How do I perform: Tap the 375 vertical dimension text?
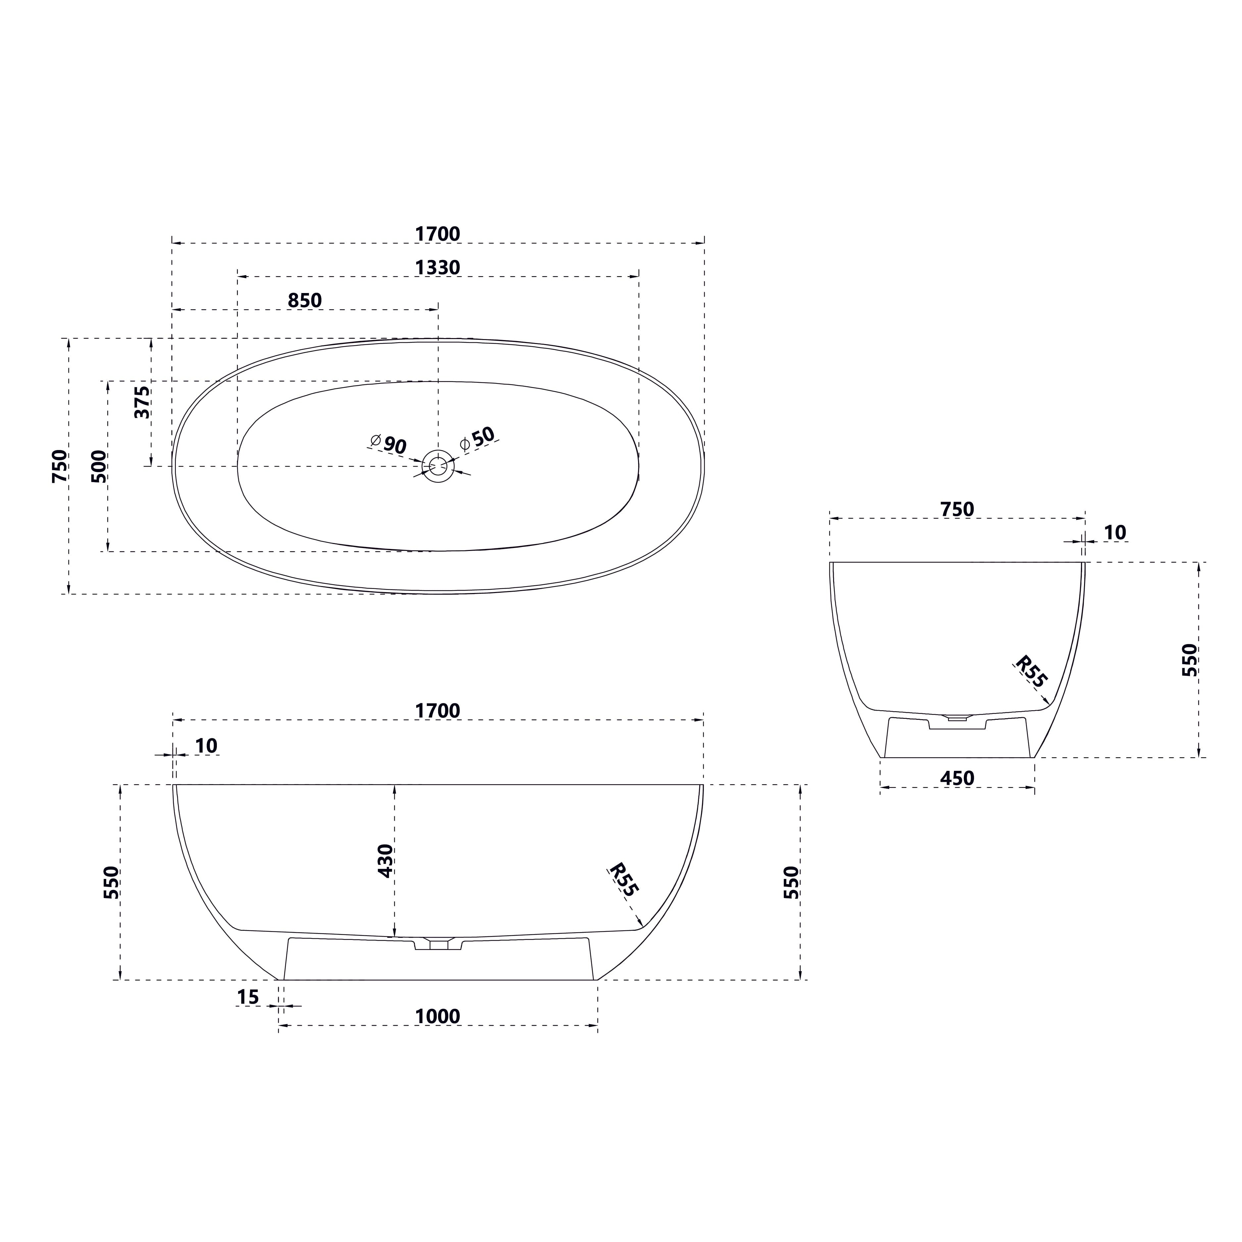[x=142, y=402]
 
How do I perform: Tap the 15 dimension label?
[x=247, y=997]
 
